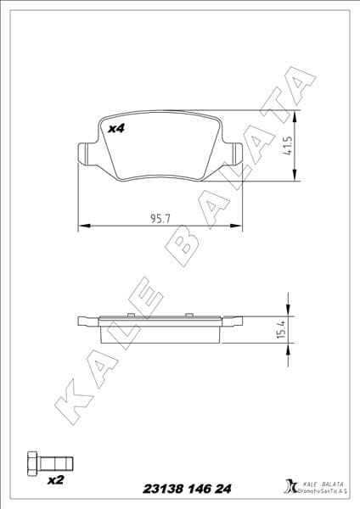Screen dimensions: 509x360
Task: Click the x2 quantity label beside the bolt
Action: coord(56,480)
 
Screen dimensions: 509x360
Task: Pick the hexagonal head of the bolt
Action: coord(32,464)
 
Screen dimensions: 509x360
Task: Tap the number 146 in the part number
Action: coord(198,489)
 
